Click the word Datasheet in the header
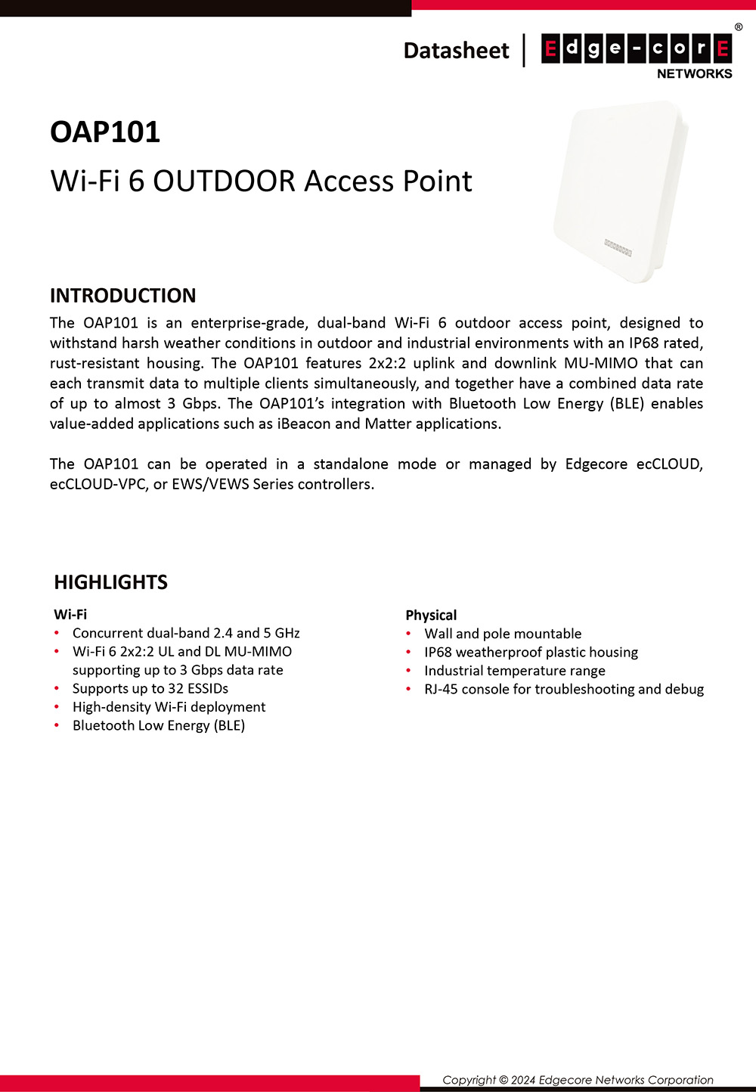[456, 51]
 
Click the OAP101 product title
[105, 132]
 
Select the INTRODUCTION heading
[122, 295]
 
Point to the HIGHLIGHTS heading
[110, 582]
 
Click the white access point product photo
[620, 193]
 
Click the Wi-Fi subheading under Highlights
[70, 614]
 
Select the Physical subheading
[431, 615]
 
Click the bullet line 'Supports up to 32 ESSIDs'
[150, 688]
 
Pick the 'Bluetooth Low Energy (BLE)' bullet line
[158, 725]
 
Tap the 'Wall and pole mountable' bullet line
[503, 634]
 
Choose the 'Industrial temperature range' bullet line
[514, 671]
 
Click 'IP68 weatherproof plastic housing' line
[531, 652]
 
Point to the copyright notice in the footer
[578, 1080]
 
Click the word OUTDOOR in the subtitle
[224, 181]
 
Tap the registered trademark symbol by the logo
[739, 27]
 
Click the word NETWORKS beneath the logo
[694, 73]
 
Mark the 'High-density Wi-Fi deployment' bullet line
[169, 707]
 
